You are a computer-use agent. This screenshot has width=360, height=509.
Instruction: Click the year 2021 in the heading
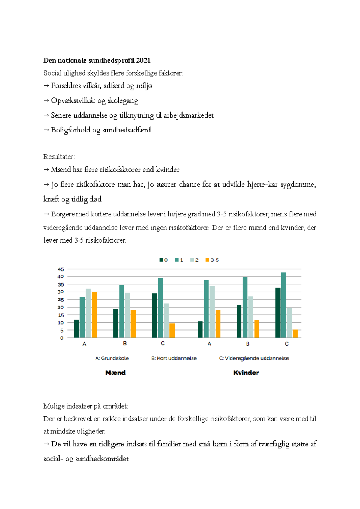coord(143,61)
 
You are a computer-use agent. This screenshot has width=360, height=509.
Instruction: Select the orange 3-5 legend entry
coord(212,260)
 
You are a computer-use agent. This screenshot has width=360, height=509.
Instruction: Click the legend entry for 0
coord(163,260)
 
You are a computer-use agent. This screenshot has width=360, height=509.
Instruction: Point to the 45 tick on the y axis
coord(61,269)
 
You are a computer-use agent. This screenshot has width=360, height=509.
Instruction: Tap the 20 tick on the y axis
coord(61,307)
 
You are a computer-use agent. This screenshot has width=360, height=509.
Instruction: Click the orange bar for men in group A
coord(94,315)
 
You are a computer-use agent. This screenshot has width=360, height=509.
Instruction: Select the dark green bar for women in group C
coord(278,313)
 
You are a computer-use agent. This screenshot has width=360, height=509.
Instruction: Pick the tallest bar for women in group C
coord(284,305)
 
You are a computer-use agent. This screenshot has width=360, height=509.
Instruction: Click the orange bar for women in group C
coord(295,334)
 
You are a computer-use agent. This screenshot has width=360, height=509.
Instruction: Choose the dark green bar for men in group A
coord(77,329)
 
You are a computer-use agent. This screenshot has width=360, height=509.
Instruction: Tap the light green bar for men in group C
coord(166,320)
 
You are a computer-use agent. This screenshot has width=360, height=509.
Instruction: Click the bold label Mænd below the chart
coord(115,373)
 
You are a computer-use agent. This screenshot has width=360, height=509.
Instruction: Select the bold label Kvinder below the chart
coord(246,373)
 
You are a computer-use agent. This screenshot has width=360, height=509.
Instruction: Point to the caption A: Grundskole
coord(112,358)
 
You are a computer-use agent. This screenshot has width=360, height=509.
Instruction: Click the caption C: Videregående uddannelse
coord(254,358)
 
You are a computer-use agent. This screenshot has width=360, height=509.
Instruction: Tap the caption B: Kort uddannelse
coord(174,358)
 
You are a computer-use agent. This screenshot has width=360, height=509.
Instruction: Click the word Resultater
coord(59,157)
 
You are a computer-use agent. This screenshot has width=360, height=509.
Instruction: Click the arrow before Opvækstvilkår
coord(46,101)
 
